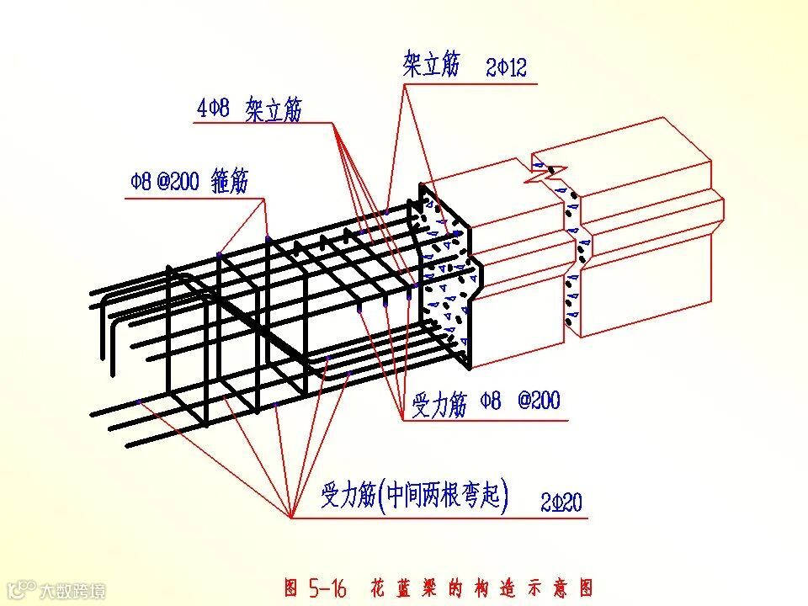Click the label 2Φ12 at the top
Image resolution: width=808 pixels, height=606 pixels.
point(506,68)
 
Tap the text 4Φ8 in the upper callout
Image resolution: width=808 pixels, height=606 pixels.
point(213,109)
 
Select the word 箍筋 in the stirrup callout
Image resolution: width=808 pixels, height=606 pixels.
point(230,181)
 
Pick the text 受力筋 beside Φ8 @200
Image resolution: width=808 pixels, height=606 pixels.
point(439,404)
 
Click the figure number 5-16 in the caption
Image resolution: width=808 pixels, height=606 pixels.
point(327,587)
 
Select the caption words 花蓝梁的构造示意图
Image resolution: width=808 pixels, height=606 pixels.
point(481,587)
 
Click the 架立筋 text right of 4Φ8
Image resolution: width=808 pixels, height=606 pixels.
point(274,110)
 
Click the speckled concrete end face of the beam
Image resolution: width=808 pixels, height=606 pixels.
point(446,278)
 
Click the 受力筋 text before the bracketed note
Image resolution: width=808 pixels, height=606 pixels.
point(347,497)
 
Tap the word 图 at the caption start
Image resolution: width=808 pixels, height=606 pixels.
point(291,587)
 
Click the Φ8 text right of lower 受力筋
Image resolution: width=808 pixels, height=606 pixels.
point(491,401)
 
